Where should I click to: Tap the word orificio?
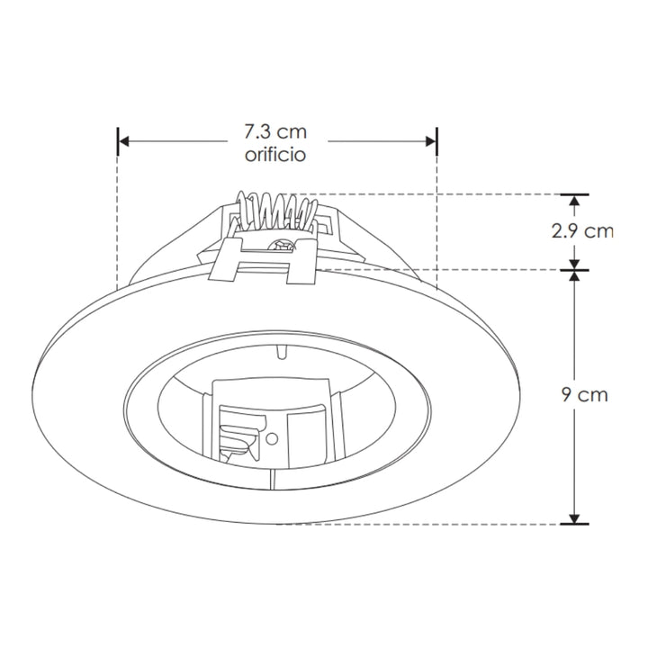point(275,155)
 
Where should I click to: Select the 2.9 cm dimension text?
point(581,231)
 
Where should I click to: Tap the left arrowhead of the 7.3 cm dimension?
point(125,141)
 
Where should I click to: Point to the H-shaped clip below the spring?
point(265,265)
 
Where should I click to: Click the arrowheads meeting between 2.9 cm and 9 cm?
point(573,269)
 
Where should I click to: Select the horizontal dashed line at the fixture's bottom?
point(450,524)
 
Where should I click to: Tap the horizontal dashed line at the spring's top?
point(450,193)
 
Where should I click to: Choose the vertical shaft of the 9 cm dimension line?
point(573,450)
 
